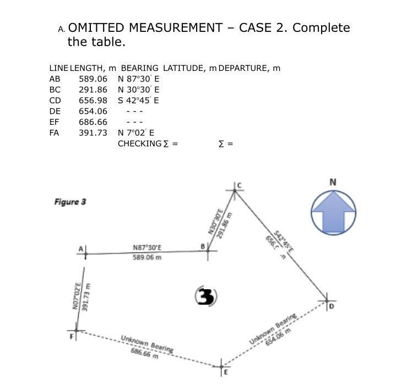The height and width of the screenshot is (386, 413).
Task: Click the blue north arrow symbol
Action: [x=334, y=212]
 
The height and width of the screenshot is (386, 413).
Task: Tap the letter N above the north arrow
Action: [x=333, y=182]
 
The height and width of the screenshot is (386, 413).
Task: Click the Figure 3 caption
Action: [x=70, y=202]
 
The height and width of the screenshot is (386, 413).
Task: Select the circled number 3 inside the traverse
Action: [x=206, y=296]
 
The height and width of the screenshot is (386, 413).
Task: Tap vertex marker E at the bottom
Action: [x=221, y=366]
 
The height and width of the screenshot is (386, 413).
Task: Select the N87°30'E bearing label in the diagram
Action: [x=147, y=247]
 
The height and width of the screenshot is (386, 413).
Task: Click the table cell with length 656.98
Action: [x=93, y=100]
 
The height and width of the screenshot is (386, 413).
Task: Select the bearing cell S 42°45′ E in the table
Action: [x=139, y=100]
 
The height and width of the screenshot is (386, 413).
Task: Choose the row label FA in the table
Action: [x=55, y=133]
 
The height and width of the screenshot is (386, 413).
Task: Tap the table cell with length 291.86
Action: [x=93, y=90]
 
